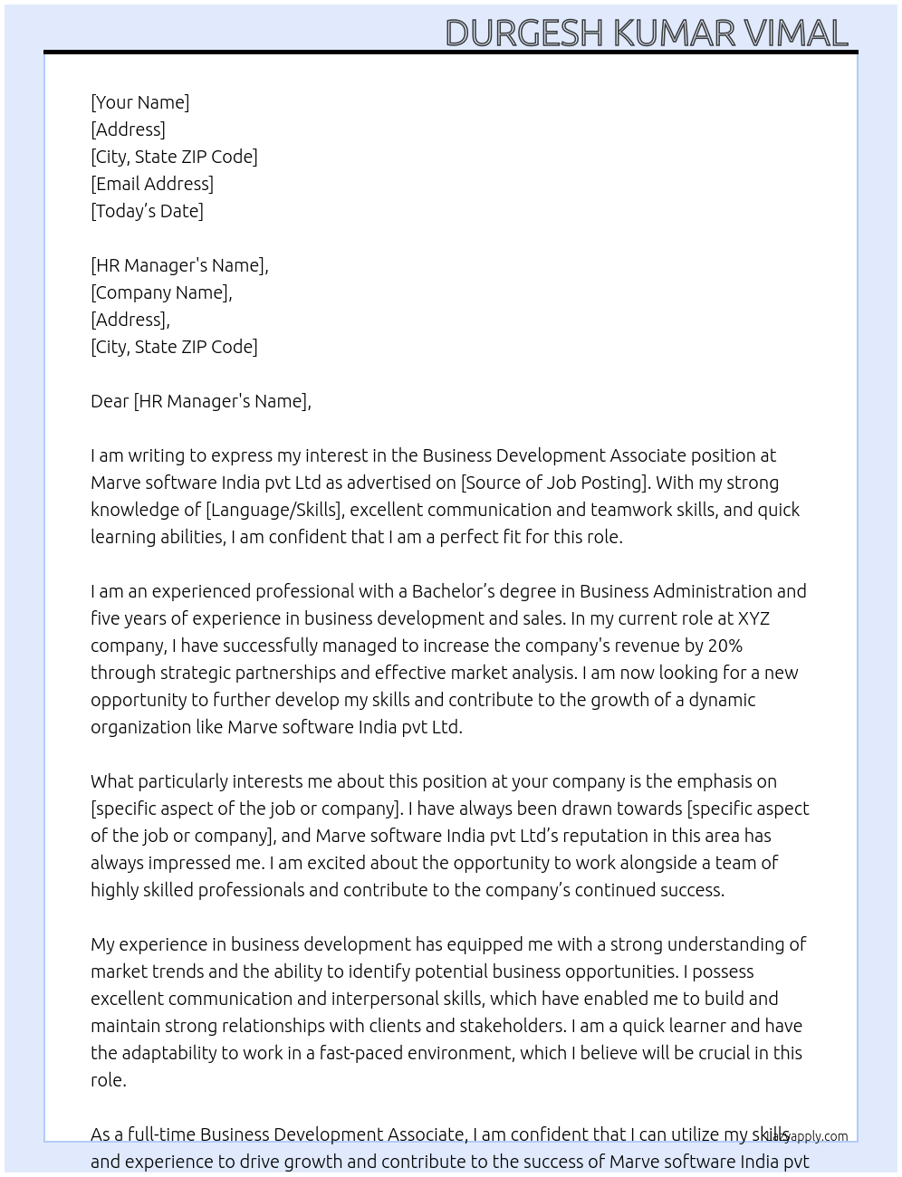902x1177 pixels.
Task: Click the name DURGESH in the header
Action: (523, 33)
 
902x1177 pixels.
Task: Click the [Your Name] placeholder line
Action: (140, 102)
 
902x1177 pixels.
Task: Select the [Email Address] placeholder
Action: (152, 184)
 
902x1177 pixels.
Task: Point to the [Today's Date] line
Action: (147, 211)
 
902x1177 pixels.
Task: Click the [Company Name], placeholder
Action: (161, 292)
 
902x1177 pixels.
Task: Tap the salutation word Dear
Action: (110, 401)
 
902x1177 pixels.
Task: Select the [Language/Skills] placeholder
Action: (274, 510)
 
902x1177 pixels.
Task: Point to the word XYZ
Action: (753, 618)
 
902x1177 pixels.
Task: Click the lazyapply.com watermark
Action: (808, 1136)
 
